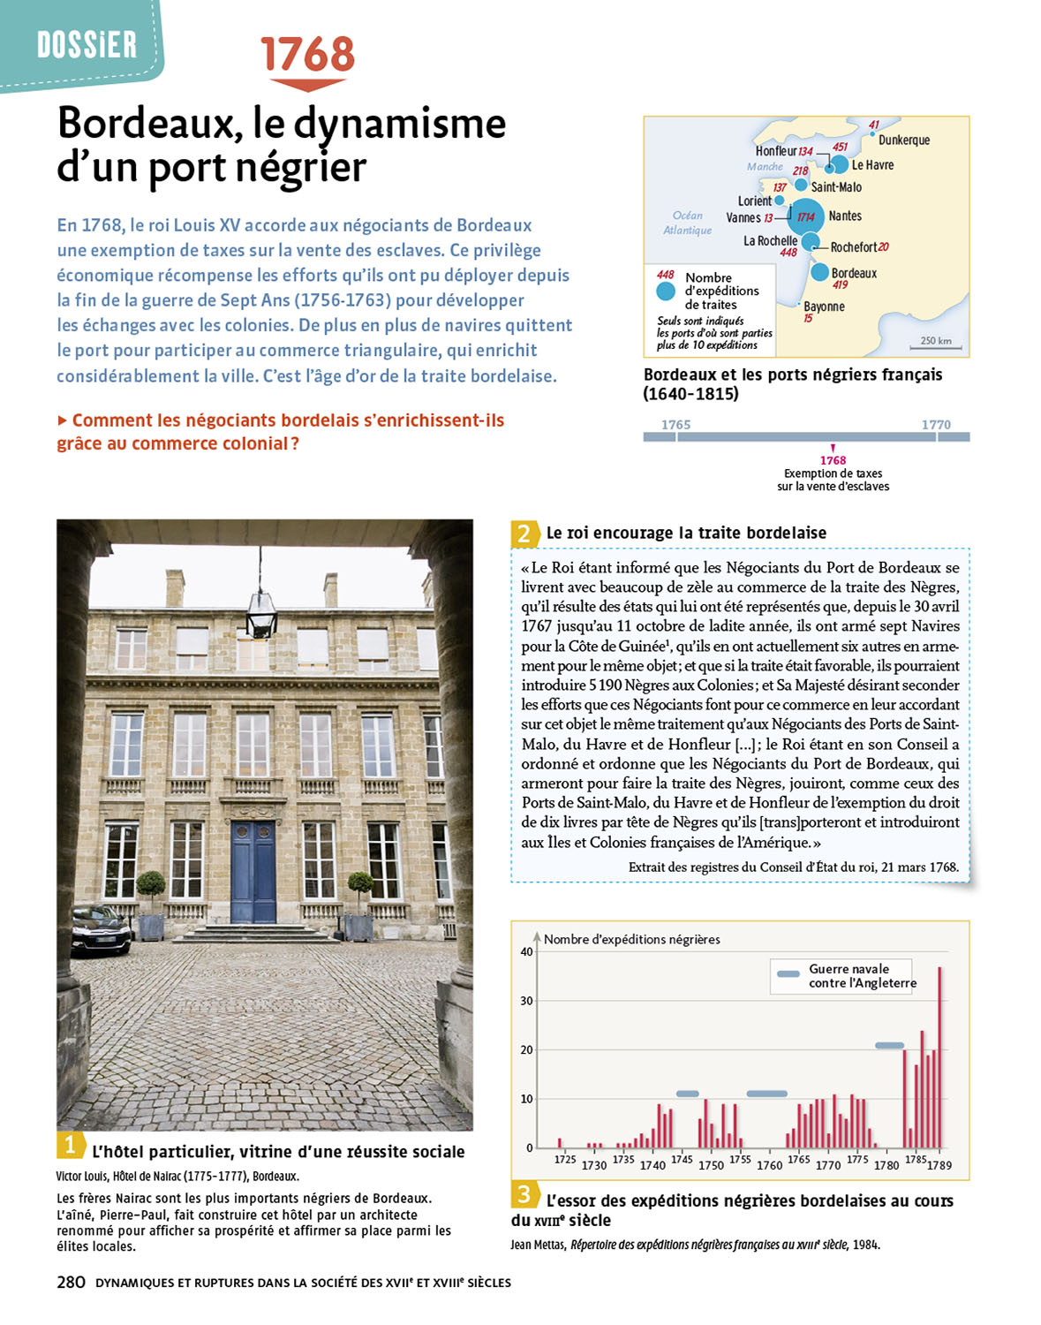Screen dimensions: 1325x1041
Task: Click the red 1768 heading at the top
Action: coord(307,55)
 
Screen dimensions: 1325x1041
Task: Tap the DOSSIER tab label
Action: coord(87,44)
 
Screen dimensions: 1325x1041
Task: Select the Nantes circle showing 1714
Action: coord(805,216)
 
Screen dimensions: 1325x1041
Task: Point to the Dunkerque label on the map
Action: coord(903,140)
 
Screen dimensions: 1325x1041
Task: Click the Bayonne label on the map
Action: coord(824,307)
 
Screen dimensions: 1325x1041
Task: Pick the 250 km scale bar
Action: coord(936,347)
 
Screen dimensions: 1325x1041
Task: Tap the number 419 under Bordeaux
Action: coord(840,285)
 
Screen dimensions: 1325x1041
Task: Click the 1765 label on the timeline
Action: coord(675,425)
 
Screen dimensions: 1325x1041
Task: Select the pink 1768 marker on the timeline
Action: coord(833,459)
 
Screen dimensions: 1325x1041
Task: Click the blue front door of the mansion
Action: coord(253,871)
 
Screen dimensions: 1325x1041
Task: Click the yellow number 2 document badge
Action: coord(524,534)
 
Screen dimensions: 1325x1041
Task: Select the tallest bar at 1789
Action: coord(939,1056)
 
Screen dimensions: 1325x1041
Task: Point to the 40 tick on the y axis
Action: coord(526,951)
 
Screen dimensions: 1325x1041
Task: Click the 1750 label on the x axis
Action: coord(711,1165)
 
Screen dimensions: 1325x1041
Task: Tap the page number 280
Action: coord(71,1283)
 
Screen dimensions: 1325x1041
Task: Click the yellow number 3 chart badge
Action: coord(524,1195)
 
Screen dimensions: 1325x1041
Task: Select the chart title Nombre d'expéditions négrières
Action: coord(631,939)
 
